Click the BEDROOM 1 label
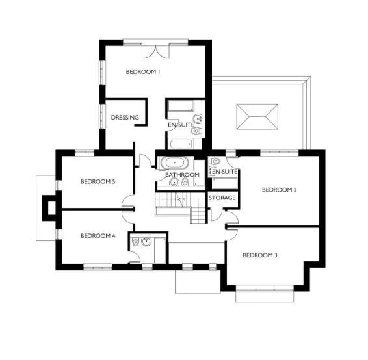click(142, 72)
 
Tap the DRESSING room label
click(125, 118)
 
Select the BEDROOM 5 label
click(98, 181)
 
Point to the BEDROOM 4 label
click(98, 235)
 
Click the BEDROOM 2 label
click(279, 190)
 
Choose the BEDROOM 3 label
click(259, 255)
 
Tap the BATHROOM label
click(181, 175)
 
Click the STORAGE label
click(222, 197)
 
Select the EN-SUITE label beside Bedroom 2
click(222, 171)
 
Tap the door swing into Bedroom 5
click(128, 203)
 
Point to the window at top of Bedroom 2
click(281, 152)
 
